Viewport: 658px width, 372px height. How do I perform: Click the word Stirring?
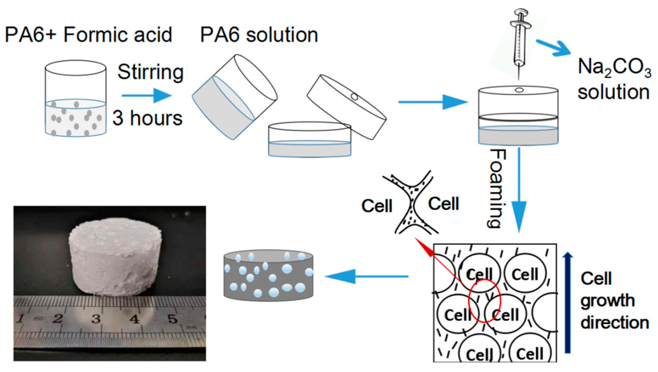150,72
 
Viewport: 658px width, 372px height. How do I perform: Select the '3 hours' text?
147,118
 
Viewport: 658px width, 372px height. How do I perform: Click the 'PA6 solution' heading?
259,35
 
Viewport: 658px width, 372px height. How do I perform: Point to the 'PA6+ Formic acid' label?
88,35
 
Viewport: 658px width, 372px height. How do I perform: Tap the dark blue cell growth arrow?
568,302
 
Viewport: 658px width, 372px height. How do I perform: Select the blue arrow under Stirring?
147,95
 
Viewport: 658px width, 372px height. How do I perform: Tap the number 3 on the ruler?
96,319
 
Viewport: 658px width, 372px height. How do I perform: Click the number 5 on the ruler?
172,319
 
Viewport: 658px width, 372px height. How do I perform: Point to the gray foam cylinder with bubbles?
268,275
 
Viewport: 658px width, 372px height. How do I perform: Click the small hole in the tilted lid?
354,97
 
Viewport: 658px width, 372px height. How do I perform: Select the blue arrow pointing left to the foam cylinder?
366,276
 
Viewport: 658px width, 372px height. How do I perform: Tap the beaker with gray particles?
75,98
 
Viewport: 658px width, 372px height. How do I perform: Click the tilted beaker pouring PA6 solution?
235,97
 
